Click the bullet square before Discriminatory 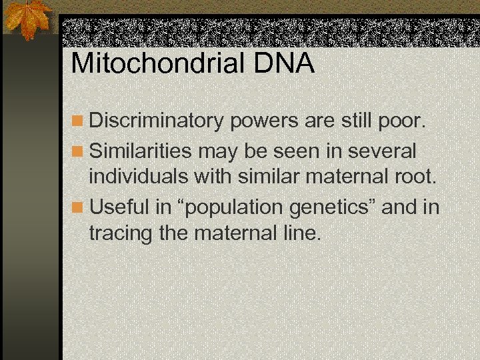tap(78, 122)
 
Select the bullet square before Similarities tap(78, 151)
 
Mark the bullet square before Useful tap(78, 208)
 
